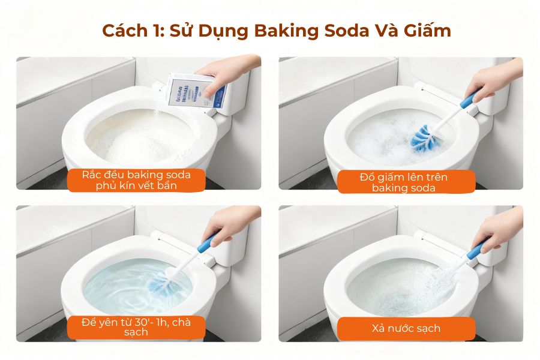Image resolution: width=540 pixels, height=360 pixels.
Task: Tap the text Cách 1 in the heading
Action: pyautogui.click(x=127, y=31)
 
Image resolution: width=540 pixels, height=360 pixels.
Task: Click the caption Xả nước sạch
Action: pyautogui.click(x=406, y=328)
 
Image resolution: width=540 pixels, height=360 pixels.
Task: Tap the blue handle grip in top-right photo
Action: pyautogui.click(x=468, y=100)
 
